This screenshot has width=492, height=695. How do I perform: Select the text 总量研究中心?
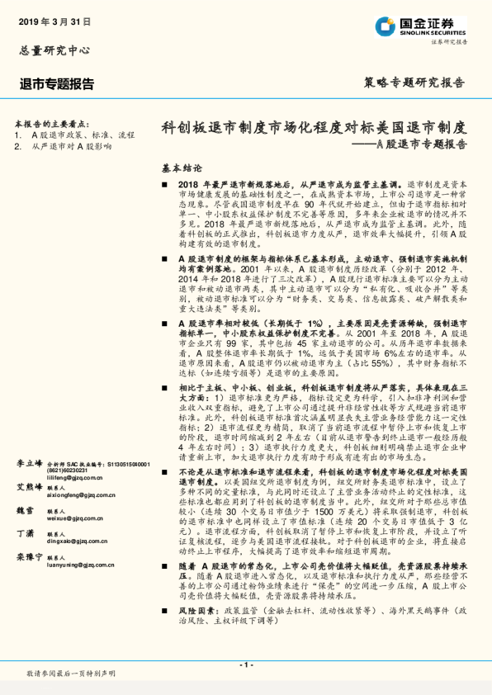pyautogui.click(x=54, y=50)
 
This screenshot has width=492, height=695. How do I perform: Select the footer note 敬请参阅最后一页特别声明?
pyautogui.click(x=71, y=674)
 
